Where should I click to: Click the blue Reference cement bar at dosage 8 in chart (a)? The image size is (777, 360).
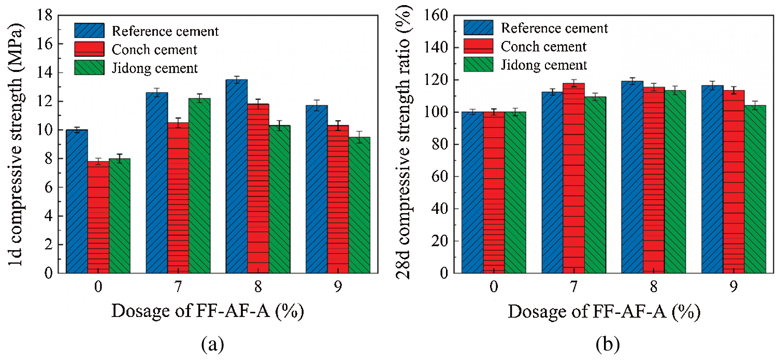pos(236,176)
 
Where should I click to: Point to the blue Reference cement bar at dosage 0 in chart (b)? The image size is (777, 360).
pos(472,192)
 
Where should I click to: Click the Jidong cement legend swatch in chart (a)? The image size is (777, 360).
pos(89,67)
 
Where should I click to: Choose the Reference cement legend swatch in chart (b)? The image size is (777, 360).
pos(478,27)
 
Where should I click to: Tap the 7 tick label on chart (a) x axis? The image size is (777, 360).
pos(178,286)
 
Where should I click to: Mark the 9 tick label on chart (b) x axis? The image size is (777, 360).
pos(733,286)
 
